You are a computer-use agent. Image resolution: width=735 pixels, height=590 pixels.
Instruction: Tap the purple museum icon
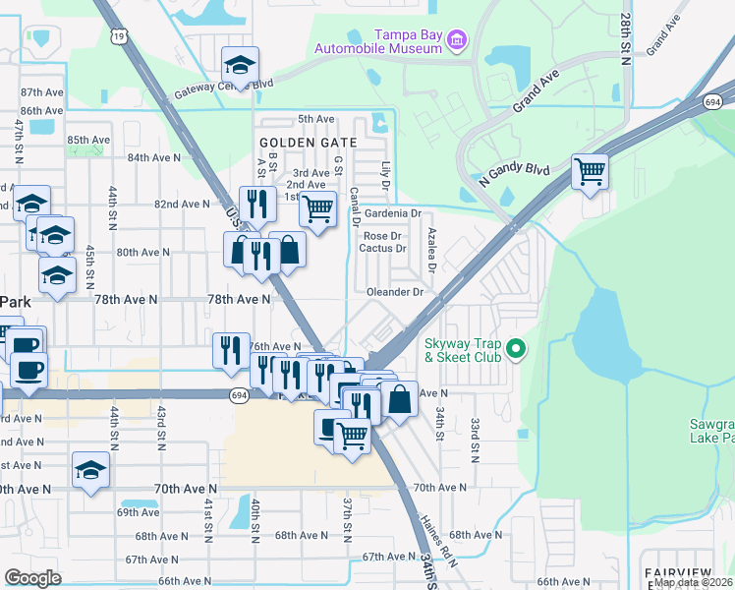tap(456, 40)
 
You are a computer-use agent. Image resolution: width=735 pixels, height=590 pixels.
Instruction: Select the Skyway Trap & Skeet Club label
tap(462, 350)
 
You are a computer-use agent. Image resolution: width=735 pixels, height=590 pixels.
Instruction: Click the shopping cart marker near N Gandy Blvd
tap(590, 171)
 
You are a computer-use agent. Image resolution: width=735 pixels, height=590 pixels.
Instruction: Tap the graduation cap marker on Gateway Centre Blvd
tap(240, 65)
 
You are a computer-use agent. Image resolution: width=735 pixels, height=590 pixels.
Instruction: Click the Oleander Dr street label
tap(394, 292)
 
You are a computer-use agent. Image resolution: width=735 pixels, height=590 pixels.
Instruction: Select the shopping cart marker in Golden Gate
tap(317, 207)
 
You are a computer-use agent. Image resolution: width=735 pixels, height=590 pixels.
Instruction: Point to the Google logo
tap(32, 577)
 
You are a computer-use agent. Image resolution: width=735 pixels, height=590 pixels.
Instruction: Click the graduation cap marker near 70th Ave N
tap(90, 470)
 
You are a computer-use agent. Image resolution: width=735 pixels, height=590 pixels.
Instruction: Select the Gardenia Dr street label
tap(392, 213)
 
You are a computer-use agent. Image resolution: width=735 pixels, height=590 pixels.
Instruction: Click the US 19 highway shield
tap(119, 36)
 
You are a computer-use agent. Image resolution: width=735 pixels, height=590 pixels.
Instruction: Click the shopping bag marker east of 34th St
tap(399, 400)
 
